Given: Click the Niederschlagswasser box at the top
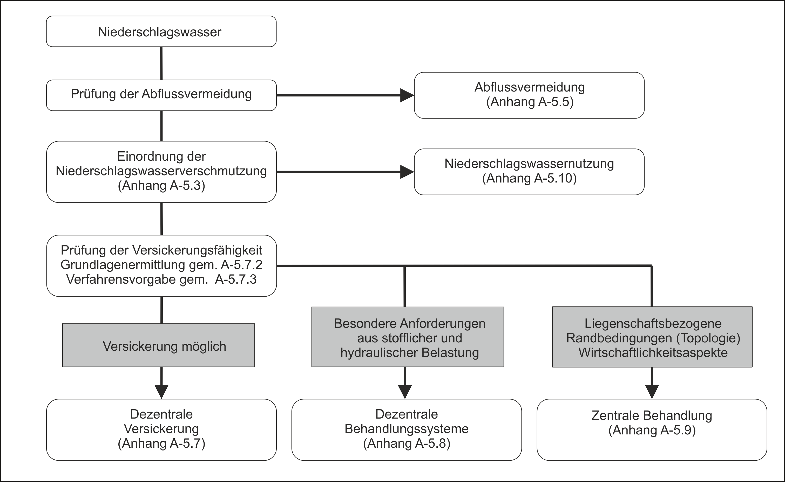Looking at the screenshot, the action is [x=161, y=31].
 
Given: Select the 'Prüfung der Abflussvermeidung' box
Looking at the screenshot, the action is [x=161, y=95].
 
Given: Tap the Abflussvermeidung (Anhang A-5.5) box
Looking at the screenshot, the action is [x=529, y=95].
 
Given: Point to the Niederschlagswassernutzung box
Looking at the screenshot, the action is [x=529, y=172].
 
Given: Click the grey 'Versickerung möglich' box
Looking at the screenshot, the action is [x=159, y=346].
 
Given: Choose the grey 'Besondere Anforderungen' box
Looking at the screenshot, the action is [x=408, y=337].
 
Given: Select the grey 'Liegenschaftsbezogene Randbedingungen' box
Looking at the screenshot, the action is [x=652, y=337].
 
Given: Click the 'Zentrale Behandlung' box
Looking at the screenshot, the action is [x=652, y=430].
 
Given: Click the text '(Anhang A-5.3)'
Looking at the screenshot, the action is [x=161, y=186].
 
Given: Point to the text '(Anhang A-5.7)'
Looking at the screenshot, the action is [x=161, y=444].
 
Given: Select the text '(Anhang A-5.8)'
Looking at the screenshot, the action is [x=407, y=444].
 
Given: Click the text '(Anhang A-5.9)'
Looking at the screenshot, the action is [x=652, y=430].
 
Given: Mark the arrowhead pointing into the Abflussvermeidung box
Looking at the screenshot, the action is [x=407, y=95].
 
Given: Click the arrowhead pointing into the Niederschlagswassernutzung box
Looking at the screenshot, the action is [x=407, y=172].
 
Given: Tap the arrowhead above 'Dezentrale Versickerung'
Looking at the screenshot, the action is [x=161, y=392].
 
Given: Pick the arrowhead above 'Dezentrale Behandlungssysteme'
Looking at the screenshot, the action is [x=405, y=392].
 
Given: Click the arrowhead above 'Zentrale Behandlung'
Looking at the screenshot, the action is [x=652, y=392].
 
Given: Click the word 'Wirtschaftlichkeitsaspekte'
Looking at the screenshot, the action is [x=653, y=353].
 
